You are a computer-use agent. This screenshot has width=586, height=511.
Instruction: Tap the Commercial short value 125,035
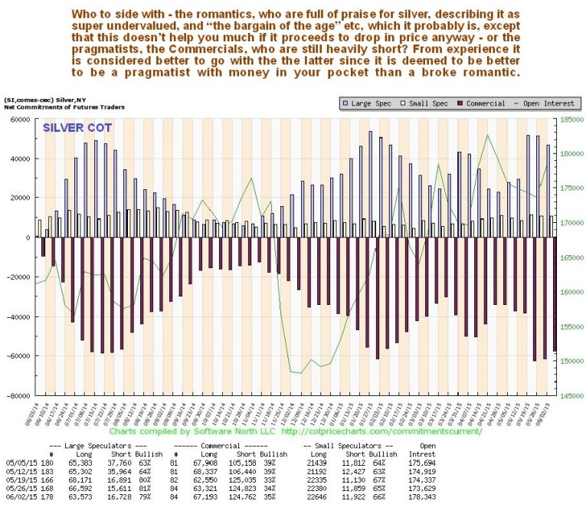[x=242, y=484]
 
